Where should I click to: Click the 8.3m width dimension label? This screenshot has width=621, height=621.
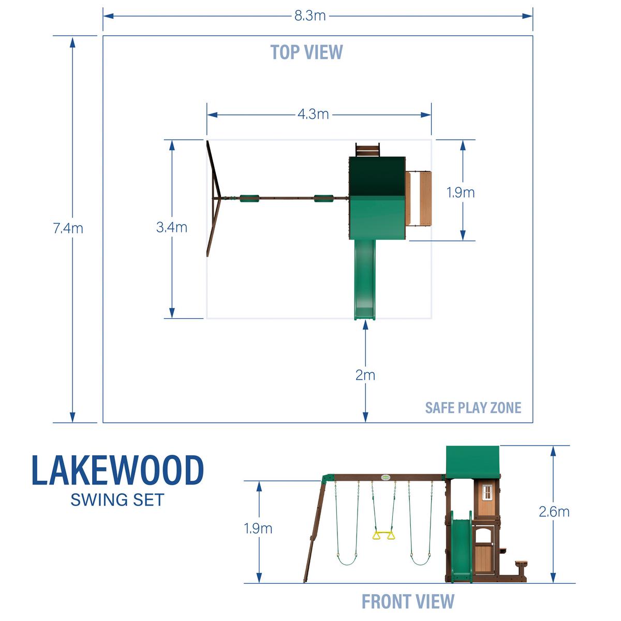click(310, 16)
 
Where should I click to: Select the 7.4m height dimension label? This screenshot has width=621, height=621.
click(68, 228)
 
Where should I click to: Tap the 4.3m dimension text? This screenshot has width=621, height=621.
click(313, 114)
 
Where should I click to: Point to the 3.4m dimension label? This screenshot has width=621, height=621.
click(172, 227)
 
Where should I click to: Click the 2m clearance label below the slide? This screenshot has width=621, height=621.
click(365, 375)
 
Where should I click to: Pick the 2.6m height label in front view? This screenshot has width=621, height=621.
click(554, 512)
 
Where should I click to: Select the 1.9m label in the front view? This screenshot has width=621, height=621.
click(258, 528)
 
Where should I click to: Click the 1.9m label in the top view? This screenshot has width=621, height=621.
click(461, 193)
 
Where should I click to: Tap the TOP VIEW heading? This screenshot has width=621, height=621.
click(306, 52)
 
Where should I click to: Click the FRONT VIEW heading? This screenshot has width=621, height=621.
click(408, 602)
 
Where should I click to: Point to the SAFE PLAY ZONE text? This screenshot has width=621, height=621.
click(473, 408)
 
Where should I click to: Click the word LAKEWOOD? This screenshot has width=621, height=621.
click(118, 471)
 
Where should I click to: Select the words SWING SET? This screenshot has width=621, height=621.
click(117, 500)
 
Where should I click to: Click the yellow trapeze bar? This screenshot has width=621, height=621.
click(383, 535)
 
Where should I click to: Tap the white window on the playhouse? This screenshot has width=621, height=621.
click(487, 492)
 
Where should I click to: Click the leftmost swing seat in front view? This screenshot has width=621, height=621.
click(347, 559)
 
